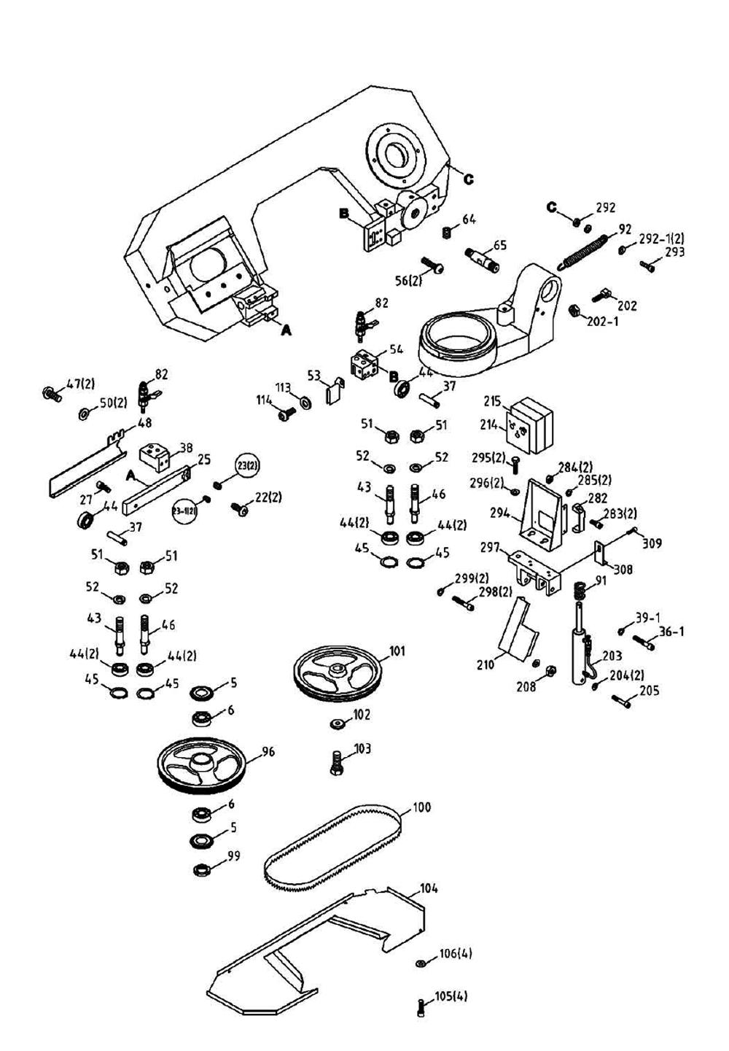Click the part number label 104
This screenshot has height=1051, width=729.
(x=429, y=888)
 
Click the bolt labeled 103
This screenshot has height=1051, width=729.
(x=336, y=763)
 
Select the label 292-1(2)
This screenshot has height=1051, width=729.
(x=661, y=238)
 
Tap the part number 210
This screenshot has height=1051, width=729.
(x=485, y=664)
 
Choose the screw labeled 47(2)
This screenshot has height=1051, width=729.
(x=52, y=393)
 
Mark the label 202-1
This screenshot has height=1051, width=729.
(x=602, y=320)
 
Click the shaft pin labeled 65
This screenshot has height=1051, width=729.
(x=481, y=259)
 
